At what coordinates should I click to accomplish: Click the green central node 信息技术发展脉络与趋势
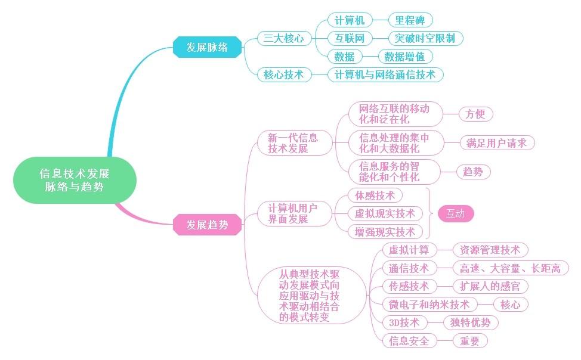tap(75, 180)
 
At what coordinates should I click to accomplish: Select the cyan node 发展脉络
tap(207, 47)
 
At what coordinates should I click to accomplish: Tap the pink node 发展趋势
tap(207, 225)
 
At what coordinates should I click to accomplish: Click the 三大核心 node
tap(284, 39)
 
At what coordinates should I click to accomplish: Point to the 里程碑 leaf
tap(410, 21)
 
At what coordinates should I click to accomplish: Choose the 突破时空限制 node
tap(425, 39)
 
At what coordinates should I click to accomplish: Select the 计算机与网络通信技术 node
tap(385, 75)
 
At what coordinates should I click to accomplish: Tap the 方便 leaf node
tap(475, 113)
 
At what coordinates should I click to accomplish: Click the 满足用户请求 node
tap(497, 143)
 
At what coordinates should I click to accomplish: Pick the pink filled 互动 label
tap(455, 214)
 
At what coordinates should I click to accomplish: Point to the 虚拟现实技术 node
tap(385, 214)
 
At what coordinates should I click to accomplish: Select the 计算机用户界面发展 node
tap(292, 214)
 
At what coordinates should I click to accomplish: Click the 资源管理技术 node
tap(490, 250)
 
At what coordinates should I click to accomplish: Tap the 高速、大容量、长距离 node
tap(511, 268)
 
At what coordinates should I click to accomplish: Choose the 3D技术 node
tap(404, 322)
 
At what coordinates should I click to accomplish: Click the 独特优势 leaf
tap(470, 322)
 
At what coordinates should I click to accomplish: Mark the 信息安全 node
tap(409, 341)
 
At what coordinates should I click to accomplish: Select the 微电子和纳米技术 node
tap(429, 305)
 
